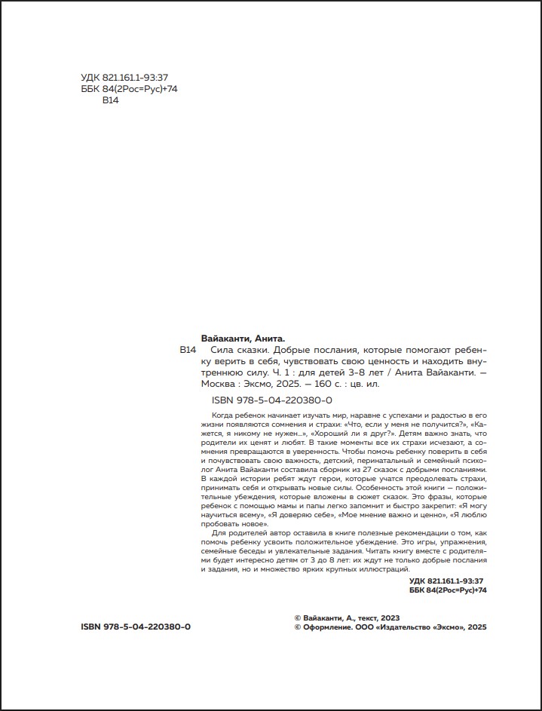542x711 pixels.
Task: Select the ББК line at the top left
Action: [128, 89]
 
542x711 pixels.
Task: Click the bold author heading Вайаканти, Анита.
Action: [247, 339]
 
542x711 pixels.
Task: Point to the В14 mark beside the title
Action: [188, 351]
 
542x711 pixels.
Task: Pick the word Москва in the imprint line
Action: [221, 383]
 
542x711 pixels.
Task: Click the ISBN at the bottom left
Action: [135, 627]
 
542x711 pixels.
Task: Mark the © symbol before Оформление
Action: [297, 627]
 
